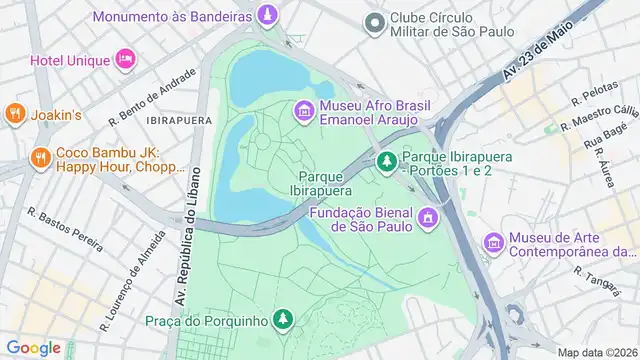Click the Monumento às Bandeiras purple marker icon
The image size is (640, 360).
click(267, 16)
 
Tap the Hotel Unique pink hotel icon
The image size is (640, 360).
click(125, 59)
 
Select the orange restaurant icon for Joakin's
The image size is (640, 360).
click(14, 114)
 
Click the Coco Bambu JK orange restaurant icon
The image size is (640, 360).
click(40, 157)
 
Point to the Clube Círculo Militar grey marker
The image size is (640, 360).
click(375, 21)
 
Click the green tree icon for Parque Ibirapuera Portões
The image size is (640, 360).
click(387, 160)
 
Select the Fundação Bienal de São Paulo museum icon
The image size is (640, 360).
click(429, 216)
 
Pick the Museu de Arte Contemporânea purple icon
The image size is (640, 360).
click(493, 243)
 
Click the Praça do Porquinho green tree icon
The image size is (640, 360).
click(284, 319)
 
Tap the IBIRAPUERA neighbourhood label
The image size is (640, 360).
click(179, 119)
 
